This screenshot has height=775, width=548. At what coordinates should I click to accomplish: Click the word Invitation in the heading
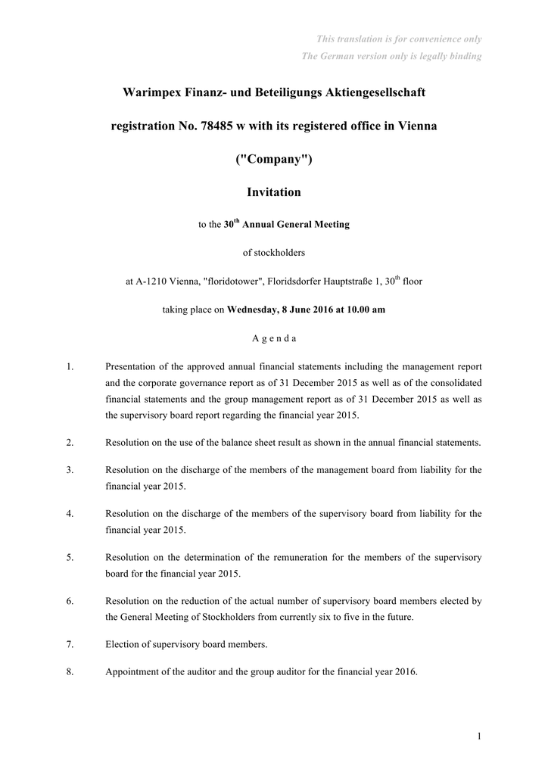274,192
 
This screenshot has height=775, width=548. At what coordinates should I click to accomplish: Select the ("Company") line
274,159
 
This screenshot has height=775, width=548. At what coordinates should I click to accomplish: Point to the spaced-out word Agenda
274,338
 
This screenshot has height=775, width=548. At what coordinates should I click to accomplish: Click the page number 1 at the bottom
480,735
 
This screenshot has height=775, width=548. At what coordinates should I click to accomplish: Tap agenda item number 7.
70,645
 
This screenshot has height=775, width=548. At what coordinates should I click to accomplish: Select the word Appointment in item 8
133,671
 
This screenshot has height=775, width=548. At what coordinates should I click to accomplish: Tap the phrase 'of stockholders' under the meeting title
274,252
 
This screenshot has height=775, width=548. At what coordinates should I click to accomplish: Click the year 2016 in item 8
405,671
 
